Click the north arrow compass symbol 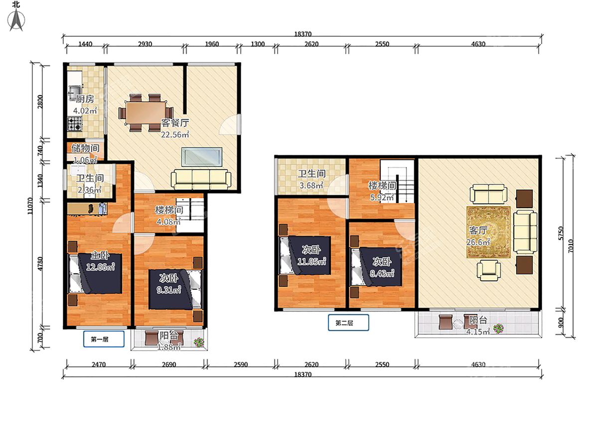(x=16, y=19)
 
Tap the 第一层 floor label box (x=104, y=339)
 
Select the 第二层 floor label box (x=348, y=323)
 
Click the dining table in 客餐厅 (x=146, y=112)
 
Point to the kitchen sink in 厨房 (x=74, y=93)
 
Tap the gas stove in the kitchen (x=75, y=124)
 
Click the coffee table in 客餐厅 (x=202, y=157)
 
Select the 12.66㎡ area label (x=100, y=267)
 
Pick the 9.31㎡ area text (x=169, y=290)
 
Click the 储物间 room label (x=85, y=148)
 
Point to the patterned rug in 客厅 (x=488, y=232)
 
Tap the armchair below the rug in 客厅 (x=488, y=270)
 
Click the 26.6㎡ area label (x=478, y=242)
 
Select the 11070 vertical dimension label (x=30, y=206)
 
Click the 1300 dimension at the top (x=258, y=44)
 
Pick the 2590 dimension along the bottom (x=241, y=364)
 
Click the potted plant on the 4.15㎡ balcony (x=498, y=329)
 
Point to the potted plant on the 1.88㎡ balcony (x=199, y=342)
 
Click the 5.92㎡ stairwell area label (x=381, y=198)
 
